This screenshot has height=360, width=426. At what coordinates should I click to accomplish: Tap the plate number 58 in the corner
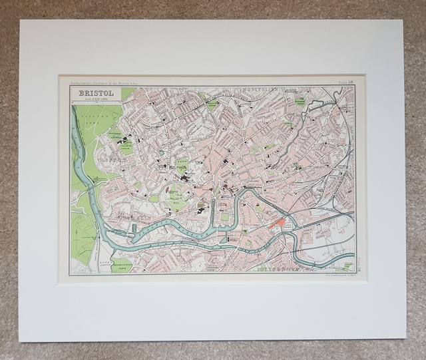click(347, 82)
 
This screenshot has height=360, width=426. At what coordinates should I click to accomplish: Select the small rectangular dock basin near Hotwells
click(134, 228)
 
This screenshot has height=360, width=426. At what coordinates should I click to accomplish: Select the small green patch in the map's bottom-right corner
click(347, 266)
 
